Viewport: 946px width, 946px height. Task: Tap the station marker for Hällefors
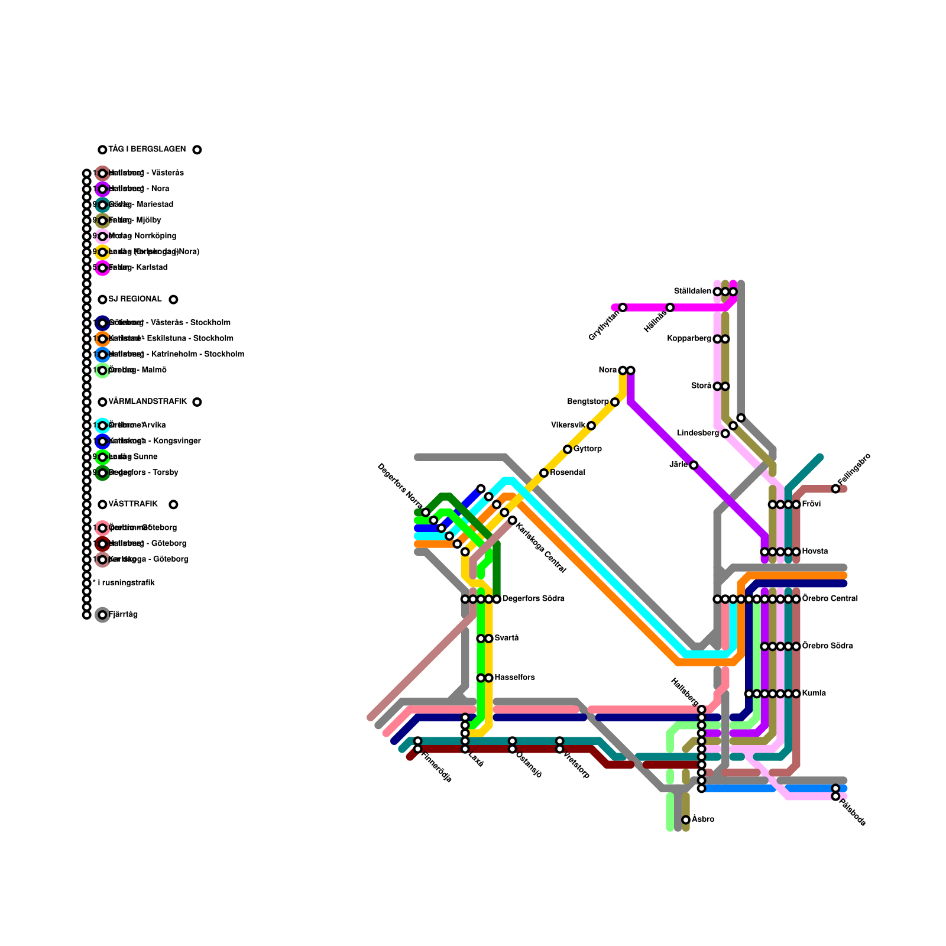click(x=670, y=307)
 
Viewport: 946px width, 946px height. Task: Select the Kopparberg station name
click(x=689, y=339)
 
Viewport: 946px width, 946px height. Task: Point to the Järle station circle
click(x=694, y=465)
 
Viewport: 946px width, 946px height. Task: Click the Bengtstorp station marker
click(x=615, y=402)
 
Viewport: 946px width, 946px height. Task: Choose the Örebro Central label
click(x=830, y=599)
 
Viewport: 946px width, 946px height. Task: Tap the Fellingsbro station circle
click(x=835, y=489)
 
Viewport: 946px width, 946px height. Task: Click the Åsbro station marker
click(x=686, y=820)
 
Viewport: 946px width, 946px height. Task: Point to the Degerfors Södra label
click(x=533, y=599)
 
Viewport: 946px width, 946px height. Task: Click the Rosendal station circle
click(x=544, y=473)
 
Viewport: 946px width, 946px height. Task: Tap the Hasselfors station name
click(x=514, y=678)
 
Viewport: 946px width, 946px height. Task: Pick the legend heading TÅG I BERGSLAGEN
click(x=147, y=150)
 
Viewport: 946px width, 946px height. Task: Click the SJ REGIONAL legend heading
click(x=135, y=299)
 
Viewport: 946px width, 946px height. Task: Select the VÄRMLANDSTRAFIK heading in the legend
click(x=147, y=402)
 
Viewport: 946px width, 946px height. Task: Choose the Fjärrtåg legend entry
click(x=123, y=615)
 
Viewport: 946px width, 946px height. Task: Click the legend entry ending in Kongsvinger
click(x=155, y=441)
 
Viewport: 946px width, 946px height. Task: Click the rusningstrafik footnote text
click(x=125, y=583)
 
